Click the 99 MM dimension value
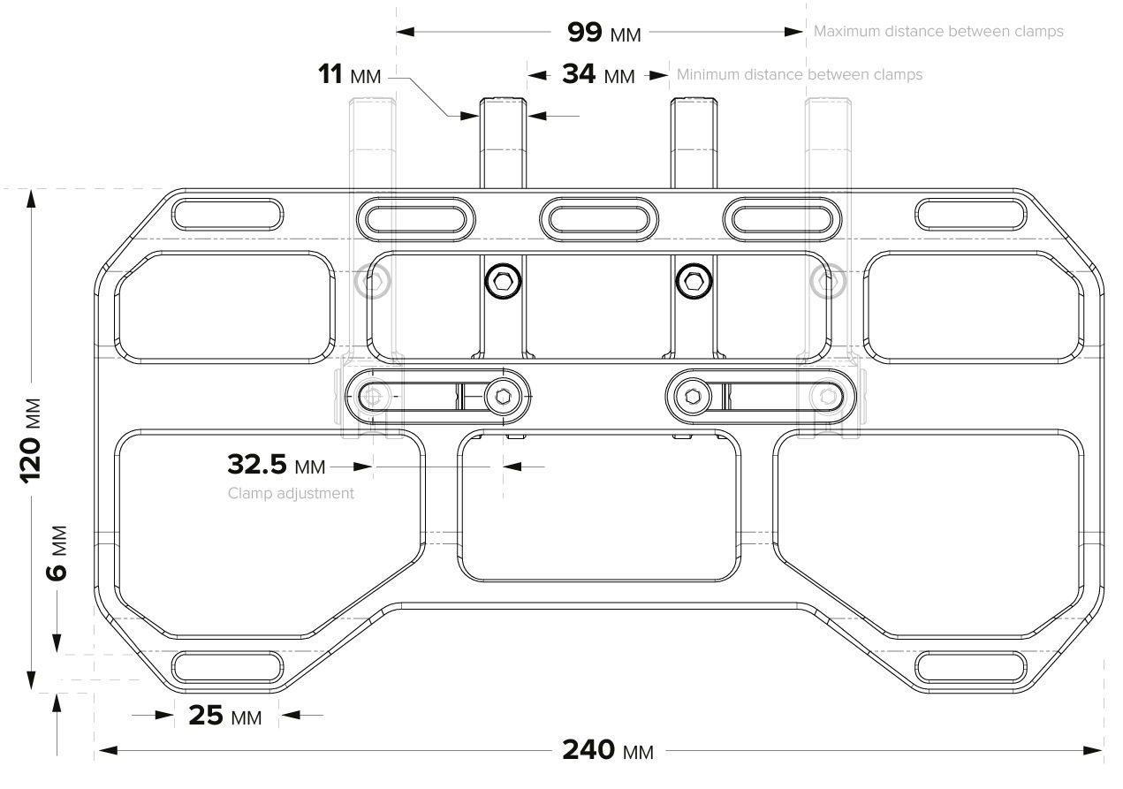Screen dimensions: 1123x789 point(604,33)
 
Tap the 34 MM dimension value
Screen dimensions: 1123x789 point(598,75)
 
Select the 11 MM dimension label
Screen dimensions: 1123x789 point(349,75)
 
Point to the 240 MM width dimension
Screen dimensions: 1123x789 point(608,750)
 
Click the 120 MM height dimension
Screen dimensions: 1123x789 point(31,441)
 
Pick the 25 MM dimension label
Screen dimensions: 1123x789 point(225,716)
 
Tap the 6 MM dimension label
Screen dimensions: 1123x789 point(57,553)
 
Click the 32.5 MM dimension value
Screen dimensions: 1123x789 point(277,464)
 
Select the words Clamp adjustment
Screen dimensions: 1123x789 point(291,493)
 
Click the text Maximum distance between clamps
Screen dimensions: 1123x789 point(938,32)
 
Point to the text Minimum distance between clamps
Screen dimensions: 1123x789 point(800,75)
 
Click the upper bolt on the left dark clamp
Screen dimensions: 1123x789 point(504,281)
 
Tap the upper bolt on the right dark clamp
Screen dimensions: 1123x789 point(694,281)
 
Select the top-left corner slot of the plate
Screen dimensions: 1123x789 point(228,215)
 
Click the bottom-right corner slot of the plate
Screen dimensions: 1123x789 point(971,667)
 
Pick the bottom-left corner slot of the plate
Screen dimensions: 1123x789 point(228,667)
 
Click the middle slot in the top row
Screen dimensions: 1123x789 point(599,219)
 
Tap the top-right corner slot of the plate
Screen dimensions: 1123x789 point(971,215)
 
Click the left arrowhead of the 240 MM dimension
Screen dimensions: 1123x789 point(108,750)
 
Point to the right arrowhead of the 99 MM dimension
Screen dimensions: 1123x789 point(793,32)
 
